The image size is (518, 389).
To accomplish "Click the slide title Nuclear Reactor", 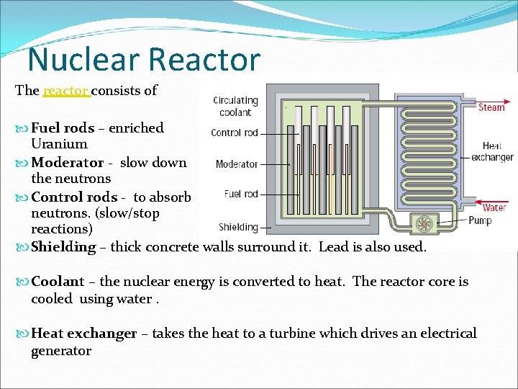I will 144,59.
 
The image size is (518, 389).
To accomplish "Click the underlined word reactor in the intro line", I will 65,91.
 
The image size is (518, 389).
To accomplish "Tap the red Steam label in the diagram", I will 492,107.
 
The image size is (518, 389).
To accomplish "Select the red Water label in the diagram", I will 494,207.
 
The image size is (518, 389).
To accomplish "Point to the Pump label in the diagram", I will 480,220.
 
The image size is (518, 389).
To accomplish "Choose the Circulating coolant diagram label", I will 235,106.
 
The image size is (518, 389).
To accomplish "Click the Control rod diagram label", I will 235,133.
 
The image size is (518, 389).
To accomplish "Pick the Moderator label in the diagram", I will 237,164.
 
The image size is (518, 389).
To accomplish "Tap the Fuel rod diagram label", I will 241,194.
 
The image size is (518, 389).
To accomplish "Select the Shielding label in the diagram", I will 238,227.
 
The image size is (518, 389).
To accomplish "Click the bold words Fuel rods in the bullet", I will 63,128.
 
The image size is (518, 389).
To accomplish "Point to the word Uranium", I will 59,144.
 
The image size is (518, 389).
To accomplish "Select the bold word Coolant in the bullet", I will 58,282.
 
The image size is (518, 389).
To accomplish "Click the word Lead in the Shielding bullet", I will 334,246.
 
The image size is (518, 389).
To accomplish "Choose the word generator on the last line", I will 61,351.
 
